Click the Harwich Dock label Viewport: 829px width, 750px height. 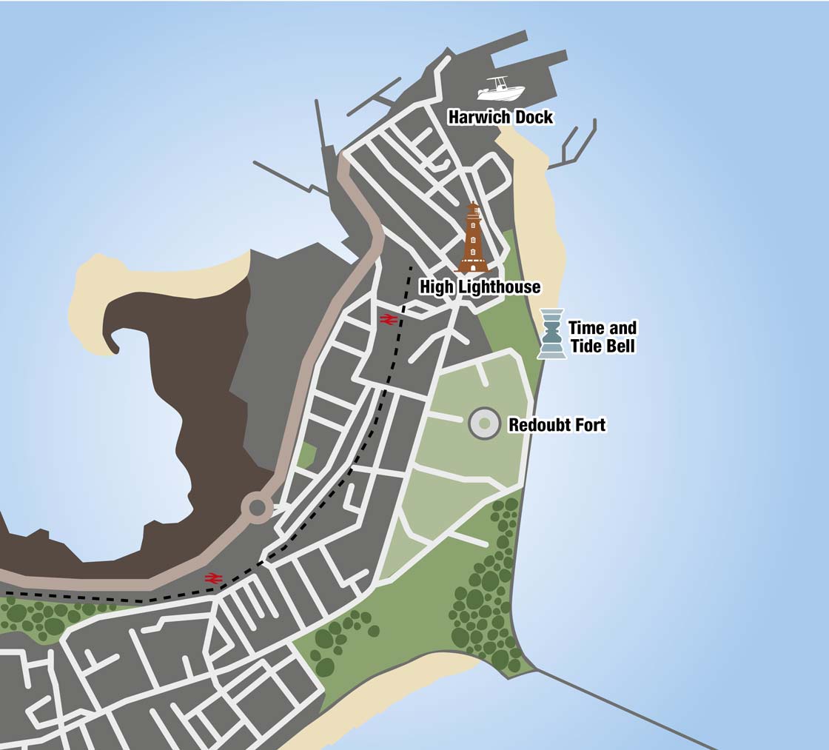click(x=500, y=117)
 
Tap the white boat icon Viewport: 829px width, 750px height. click(x=501, y=89)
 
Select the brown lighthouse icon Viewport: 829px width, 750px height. click(x=474, y=238)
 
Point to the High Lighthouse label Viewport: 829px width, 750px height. click(x=480, y=287)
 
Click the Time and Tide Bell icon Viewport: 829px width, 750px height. click(x=551, y=334)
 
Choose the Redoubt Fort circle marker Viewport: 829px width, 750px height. click(x=484, y=423)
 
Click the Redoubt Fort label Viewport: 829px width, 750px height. click(x=557, y=425)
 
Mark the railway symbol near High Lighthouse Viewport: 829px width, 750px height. click(x=388, y=319)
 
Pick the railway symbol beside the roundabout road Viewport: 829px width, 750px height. click(x=214, y=577)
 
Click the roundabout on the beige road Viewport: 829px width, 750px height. click(x=258, y=508)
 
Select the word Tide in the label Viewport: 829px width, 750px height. click(x=585, y=346)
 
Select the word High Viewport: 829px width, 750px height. click(x=434, y=287)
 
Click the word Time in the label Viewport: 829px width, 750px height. click(x=585, y=328)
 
